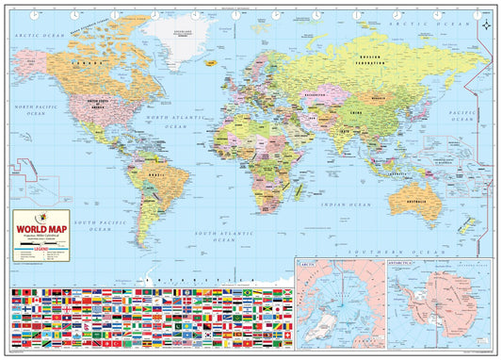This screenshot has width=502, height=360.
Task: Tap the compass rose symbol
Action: [x=484, y=25]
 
